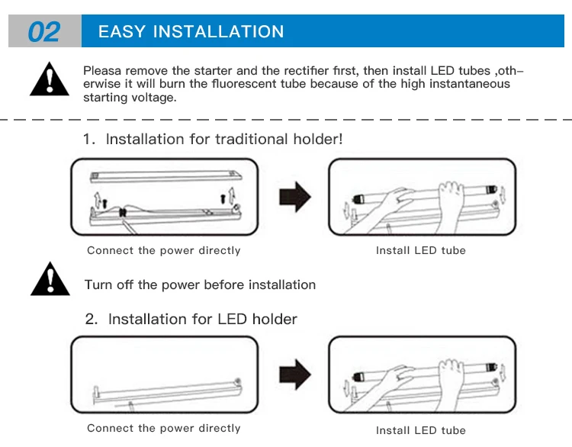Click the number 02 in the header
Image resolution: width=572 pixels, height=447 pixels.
click(44, 32)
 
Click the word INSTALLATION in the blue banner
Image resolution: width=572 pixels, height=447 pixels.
click(219, 32)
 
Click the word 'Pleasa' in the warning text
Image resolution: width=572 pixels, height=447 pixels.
click(101, 71)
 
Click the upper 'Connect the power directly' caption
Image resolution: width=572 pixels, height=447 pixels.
click(163, 251)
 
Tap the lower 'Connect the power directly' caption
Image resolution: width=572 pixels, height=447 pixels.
click(163, 429)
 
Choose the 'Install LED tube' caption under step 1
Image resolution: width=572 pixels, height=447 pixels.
click(420, 251)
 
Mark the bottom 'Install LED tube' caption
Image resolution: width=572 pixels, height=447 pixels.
click(420, 431)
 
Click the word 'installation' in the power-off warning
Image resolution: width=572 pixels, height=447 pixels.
click(277, 285)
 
